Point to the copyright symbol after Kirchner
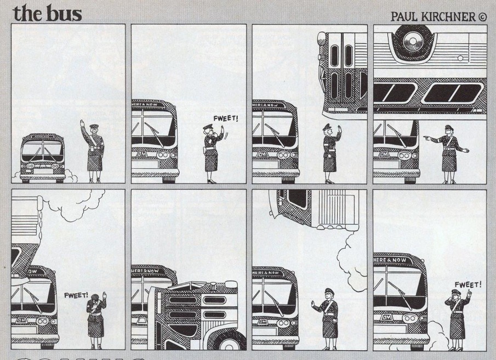point(482,15)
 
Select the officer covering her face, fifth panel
point(94,318)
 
